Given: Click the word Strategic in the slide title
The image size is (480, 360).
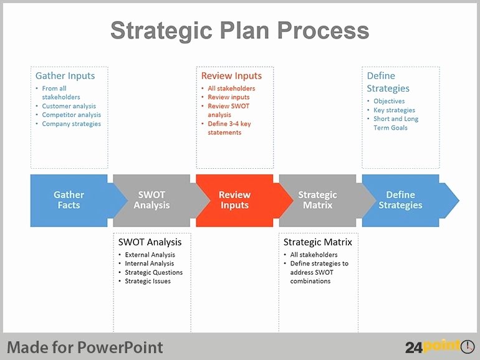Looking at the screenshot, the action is [x=161, y=31].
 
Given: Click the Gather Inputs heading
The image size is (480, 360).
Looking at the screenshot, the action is [x=65, y=75].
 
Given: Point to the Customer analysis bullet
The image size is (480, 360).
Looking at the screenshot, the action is [x=69, y=106].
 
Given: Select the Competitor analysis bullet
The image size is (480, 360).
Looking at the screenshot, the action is [x=71, y=115].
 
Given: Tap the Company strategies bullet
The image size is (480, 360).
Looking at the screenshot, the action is [x=71, y=124].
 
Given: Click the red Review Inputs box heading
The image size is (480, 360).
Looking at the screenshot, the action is [x=231, y=75].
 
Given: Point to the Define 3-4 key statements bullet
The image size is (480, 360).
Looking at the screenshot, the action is [x=229, y=128].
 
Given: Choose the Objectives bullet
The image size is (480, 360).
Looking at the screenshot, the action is [x=389, y=102].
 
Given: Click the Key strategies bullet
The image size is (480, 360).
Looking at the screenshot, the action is [x=394, y=110].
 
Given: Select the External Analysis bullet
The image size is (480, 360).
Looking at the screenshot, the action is [x=150, y=255].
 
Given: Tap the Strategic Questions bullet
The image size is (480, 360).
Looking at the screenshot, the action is [x=154, y=273].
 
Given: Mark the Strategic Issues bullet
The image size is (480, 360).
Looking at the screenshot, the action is [x=148, y=281].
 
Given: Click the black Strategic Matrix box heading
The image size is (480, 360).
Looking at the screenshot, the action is [x=318, y=242].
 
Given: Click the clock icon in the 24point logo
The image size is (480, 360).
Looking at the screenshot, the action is [x=468, y=346].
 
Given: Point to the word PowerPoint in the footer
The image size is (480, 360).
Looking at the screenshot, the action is [x=120, y=348].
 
